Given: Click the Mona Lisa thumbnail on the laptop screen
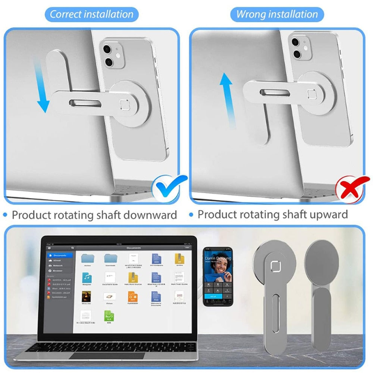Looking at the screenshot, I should (x=87, y=297).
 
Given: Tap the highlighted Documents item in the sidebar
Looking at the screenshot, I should (x=59, y=256).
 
